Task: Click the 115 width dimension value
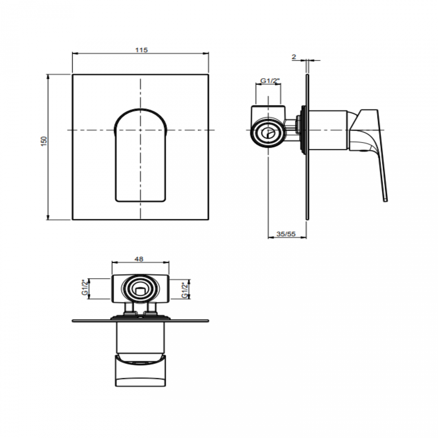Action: click(x=142, y=50)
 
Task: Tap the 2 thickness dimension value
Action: click(x=294, y=57)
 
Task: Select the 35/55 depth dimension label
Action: click(x=286, y=234)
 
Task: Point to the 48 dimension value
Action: click(x=139, y=259)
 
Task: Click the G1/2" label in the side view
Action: click(x=270, y=81)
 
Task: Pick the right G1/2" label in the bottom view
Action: click(x=185, y=290)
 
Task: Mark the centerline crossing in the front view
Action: click(x=140, y=130)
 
